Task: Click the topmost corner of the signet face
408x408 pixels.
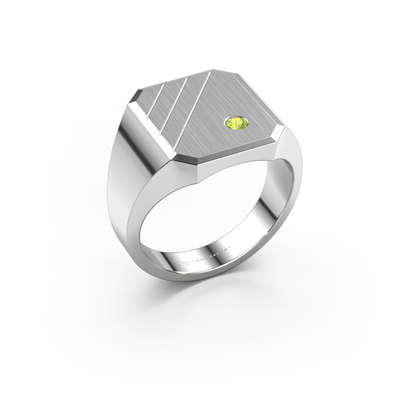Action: coord(219,70)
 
